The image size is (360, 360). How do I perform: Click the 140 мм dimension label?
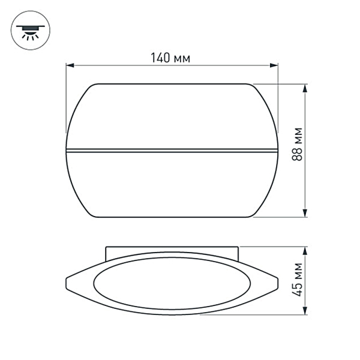[172, 58]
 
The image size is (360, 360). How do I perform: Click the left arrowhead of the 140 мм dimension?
[69, 64]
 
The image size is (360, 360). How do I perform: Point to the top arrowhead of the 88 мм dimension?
[306, 88]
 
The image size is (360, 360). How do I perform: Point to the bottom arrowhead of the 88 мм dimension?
[306, 213]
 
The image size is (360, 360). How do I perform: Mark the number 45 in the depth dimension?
[296, 288]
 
